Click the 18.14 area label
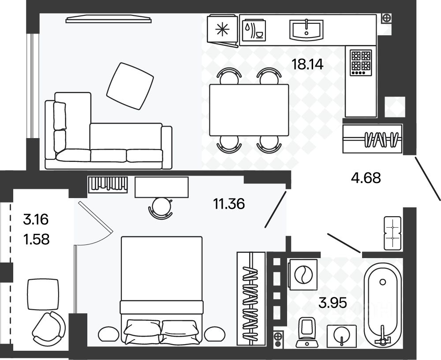point(307,65)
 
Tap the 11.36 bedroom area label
point(228,204)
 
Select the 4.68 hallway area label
point(365,178)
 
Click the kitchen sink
point(306,29)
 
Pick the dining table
point(249,109)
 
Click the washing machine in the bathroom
point(303,275)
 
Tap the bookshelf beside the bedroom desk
point(108,184)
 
